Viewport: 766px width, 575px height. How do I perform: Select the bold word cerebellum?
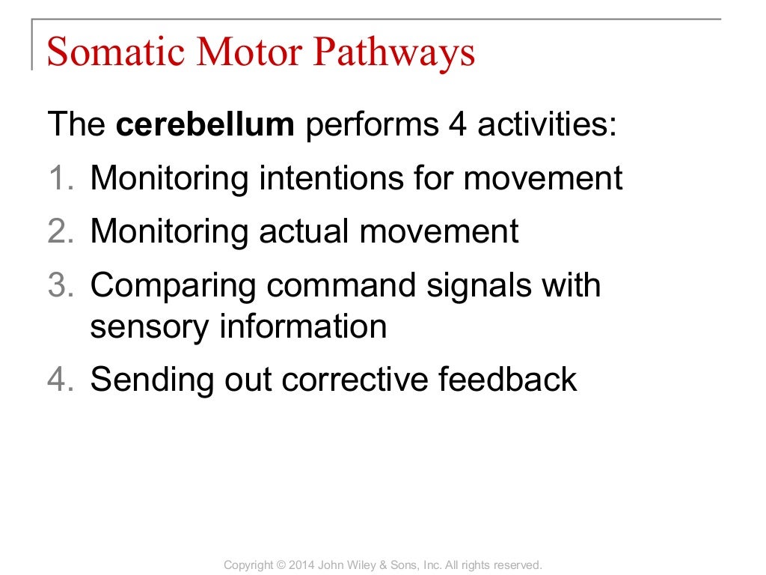coord(206,125)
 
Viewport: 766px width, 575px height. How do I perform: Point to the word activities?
coord(548,125)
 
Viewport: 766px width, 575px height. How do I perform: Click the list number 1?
coord(60,178)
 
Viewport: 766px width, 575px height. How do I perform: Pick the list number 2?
coord(60,231)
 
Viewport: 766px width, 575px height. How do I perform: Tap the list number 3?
coord(60,285)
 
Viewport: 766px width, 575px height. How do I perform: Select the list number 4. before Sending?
coord(60,380)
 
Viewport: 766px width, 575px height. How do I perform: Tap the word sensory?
coord(148,327)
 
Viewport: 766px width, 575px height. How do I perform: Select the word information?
coord(301,327)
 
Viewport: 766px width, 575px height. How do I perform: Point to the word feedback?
coord(507,380)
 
